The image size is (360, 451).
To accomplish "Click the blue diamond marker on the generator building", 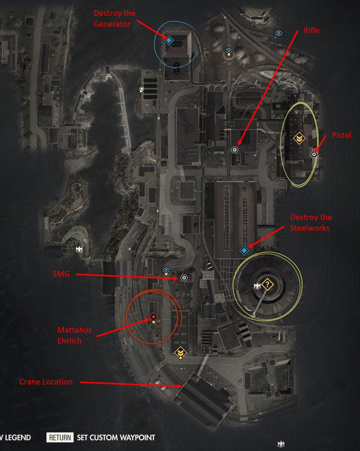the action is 169,39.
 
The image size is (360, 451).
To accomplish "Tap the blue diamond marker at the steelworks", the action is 244,249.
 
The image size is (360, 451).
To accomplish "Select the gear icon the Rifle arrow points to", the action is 235,150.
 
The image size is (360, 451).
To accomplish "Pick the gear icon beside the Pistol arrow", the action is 314,154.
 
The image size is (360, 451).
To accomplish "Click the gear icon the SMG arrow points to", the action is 184,278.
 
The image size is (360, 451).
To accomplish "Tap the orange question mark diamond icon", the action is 267,285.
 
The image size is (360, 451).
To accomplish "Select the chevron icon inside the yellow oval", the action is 299,139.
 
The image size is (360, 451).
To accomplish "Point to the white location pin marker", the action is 142,89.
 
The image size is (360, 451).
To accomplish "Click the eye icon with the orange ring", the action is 228,51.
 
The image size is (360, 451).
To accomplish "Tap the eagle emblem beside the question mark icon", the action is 257,287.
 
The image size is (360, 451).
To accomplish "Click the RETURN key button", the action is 60,437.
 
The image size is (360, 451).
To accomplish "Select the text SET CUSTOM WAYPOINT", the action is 115,437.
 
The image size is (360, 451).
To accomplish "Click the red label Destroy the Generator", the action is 115,18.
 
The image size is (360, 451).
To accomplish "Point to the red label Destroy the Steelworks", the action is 311,222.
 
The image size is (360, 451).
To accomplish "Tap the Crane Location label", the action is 46,382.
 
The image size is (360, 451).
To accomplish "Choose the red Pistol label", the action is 341,135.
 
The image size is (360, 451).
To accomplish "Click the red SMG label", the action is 61,274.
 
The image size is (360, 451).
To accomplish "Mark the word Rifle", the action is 312,30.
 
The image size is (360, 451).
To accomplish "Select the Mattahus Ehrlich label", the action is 74,335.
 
